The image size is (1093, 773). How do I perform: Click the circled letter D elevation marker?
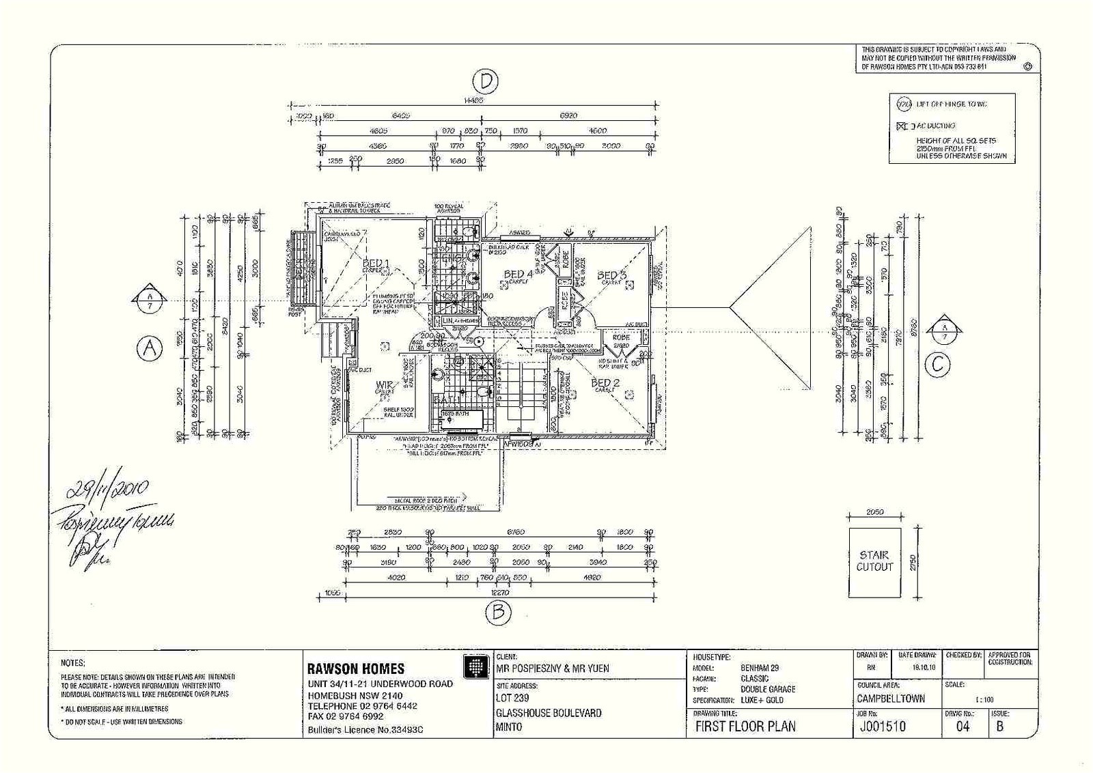point(485,81)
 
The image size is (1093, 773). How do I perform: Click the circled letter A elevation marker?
point(150,349)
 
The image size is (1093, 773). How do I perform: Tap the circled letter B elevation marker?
point(498,612)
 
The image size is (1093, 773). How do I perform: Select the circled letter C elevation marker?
point(937,365)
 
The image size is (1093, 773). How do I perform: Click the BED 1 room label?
point(376,264)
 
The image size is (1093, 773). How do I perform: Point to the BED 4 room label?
point(518,275)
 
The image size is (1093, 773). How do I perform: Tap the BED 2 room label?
point(605,383)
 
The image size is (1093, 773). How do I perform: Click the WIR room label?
point(384,386)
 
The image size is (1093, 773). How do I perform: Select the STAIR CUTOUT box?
point(874,562)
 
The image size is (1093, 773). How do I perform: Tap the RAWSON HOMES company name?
point(355,669)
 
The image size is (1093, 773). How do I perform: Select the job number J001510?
point(881,727)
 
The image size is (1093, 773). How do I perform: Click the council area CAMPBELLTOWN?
point(891,699)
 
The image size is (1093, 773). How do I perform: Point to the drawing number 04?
point(963,727)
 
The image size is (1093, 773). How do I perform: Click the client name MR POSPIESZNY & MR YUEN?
point(552,669)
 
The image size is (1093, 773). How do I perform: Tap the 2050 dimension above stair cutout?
point(874,511)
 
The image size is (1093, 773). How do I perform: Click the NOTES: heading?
point(73,663)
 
